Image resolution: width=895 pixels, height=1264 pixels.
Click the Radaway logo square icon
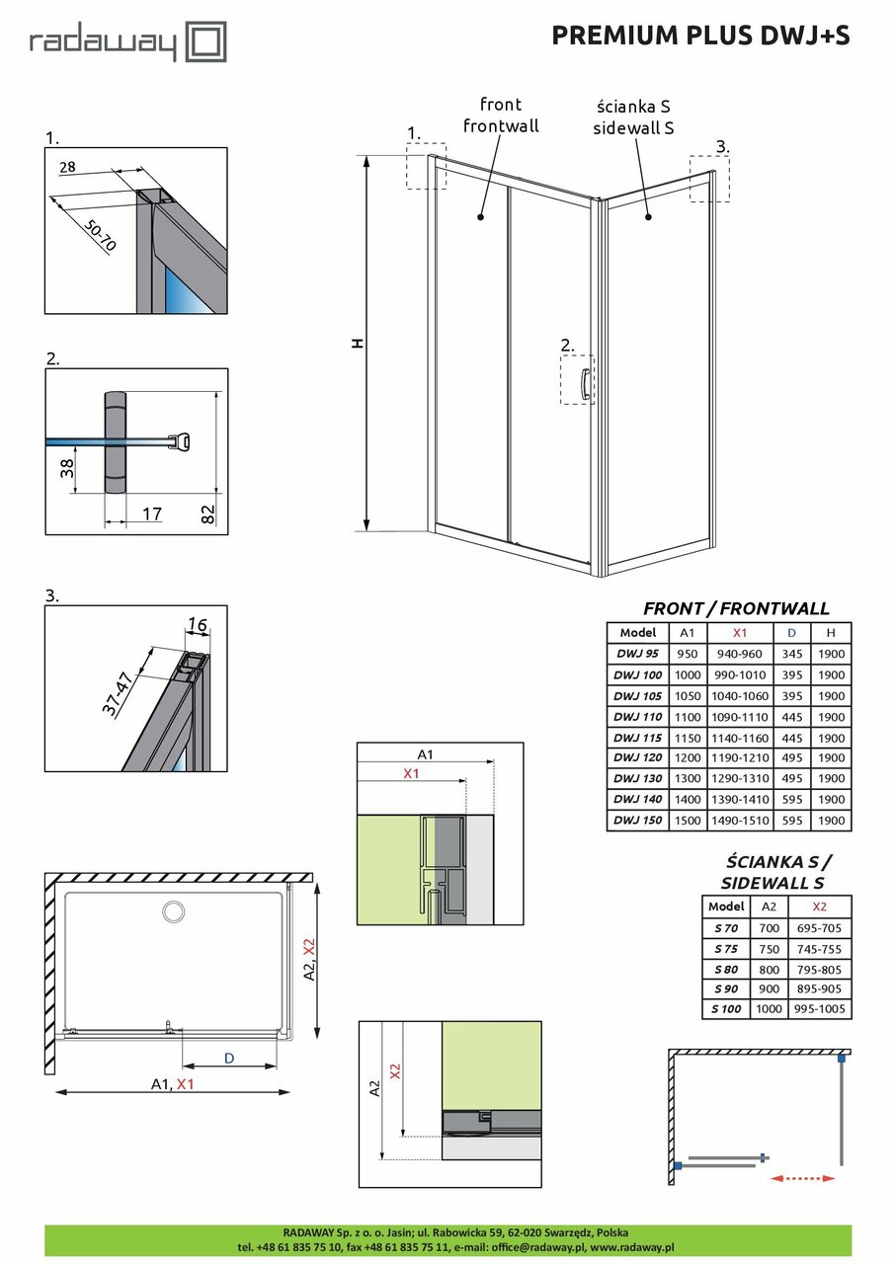coord(207,43)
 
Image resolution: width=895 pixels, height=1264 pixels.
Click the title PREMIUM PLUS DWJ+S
coord(700,36)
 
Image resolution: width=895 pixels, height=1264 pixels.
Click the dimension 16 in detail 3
coord(197,625)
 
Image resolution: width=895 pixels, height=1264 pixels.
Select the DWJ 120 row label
coord(637,757)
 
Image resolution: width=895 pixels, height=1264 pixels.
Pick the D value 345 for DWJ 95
coord(790,653)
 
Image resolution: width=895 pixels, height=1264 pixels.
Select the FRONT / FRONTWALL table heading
coord(736,608)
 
